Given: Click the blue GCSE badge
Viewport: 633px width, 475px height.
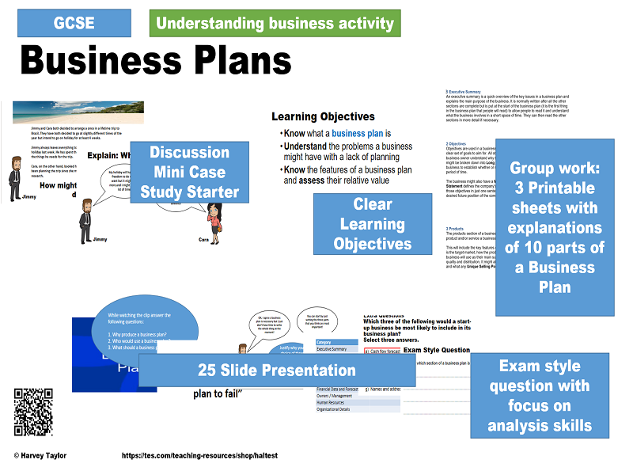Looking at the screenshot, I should coord(74,22).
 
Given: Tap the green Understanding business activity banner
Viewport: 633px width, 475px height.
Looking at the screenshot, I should coord(275,24).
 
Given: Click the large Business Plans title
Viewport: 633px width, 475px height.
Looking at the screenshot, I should coord(156,59).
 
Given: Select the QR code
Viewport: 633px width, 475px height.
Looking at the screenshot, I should coord(33,412).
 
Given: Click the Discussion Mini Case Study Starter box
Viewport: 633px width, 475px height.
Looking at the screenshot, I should coord(189,172).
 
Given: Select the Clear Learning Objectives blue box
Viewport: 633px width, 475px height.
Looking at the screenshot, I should coord(373,224).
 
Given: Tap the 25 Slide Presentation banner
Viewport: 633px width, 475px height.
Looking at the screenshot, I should coord(276,370).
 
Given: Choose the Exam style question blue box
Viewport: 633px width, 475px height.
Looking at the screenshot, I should coord(540,395).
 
